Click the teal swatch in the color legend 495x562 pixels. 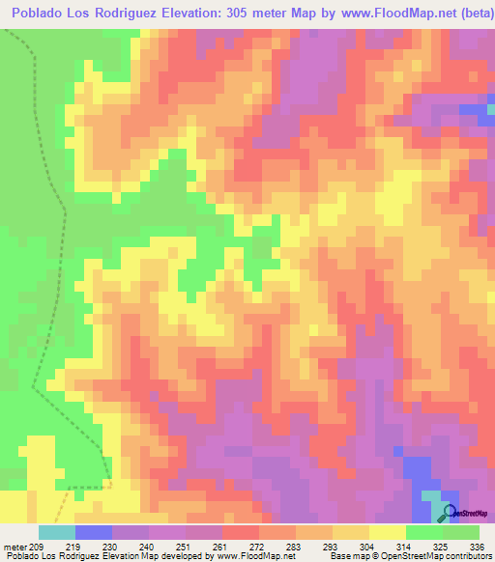point(56,532)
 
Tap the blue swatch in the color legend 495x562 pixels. point(93,532)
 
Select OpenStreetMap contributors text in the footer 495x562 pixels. point(436,556)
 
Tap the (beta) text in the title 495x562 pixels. point(472,13)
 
